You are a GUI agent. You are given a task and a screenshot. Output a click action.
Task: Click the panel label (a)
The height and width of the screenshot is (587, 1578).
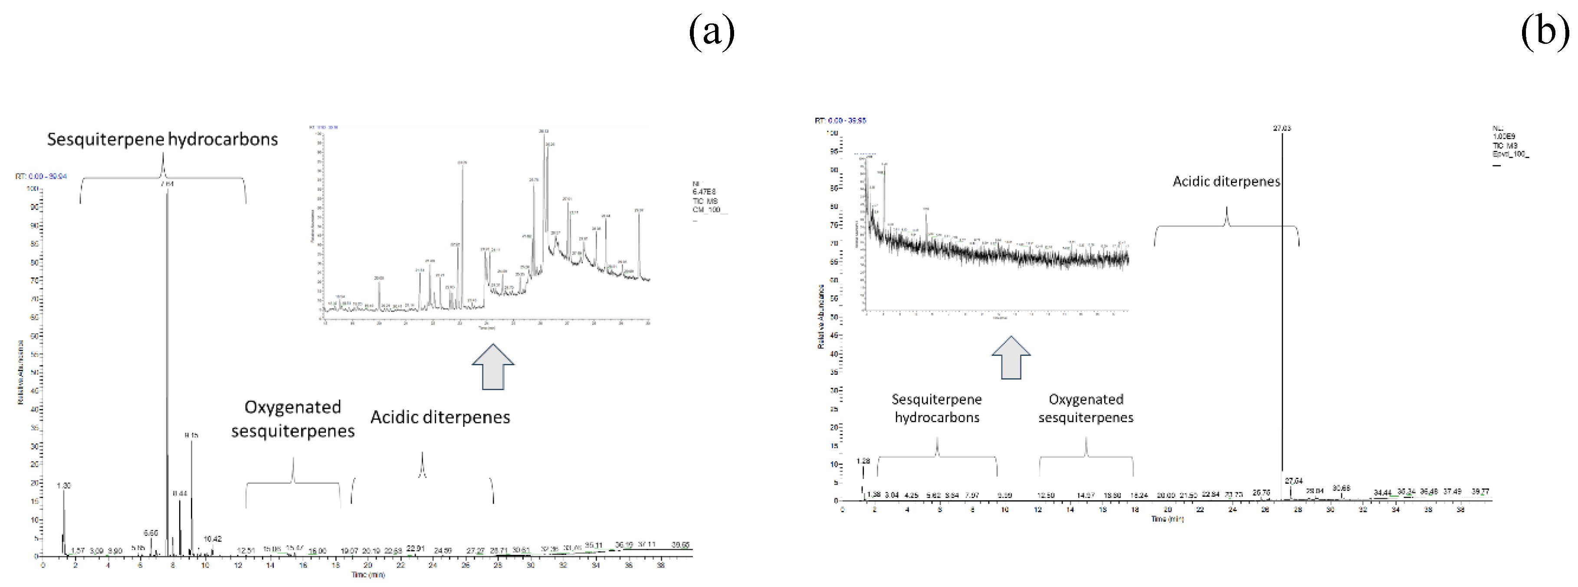711,32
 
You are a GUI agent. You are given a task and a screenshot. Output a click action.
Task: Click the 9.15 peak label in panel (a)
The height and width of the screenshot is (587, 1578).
191,435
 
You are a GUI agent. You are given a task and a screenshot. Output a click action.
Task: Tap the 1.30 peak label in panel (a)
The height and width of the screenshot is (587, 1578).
64,485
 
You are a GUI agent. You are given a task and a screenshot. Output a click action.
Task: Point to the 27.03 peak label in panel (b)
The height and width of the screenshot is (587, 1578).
1282,128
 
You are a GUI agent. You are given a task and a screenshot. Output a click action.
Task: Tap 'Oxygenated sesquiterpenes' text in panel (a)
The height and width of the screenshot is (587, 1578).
293,419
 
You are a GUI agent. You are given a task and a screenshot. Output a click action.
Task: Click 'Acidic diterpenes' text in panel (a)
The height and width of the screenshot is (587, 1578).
440,417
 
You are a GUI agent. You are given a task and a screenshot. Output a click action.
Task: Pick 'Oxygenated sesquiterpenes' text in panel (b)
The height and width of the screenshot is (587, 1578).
1086,408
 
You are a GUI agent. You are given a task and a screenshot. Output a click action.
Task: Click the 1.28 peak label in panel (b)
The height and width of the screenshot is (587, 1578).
863,461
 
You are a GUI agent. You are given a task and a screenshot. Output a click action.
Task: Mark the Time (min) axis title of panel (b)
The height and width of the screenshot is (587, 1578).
1167,519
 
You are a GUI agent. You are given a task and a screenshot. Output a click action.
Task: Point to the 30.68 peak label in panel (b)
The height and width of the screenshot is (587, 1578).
1341,488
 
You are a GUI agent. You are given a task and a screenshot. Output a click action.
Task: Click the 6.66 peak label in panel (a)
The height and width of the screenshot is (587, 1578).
151,533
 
